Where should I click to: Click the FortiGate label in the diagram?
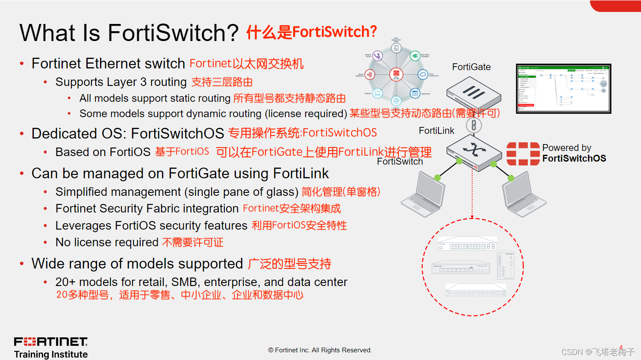[x=471, y=67]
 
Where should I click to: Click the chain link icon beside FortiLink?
[x=474, y=125]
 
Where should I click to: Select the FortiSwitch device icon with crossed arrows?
[x=474, y=151]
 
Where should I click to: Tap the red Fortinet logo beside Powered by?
[x=523, y=154]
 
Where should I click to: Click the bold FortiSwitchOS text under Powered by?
[x=574, y=159]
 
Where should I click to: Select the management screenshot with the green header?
[x=563, y=89]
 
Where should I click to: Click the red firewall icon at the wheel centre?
[x=396, y=74]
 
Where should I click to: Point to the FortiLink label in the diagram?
[x=436, y=131]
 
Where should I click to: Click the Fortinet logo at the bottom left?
[x=51, y=342]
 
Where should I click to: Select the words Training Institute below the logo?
[x=51, y=354]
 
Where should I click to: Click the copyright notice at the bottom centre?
[x=320, y=350]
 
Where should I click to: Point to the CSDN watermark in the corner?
[x=597, y=352]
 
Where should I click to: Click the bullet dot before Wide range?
[x=22, y=264]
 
